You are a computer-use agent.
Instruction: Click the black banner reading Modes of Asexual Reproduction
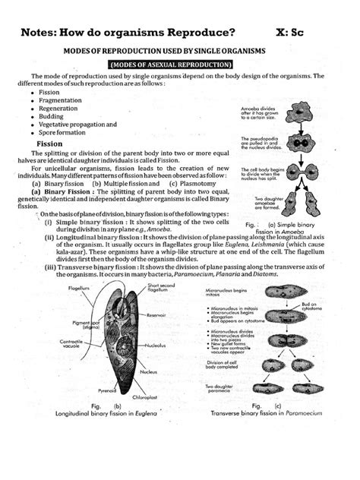(179, 66)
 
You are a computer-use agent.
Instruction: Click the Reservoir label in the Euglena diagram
(158, 315)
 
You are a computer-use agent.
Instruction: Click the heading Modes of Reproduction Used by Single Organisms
(179, 51)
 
